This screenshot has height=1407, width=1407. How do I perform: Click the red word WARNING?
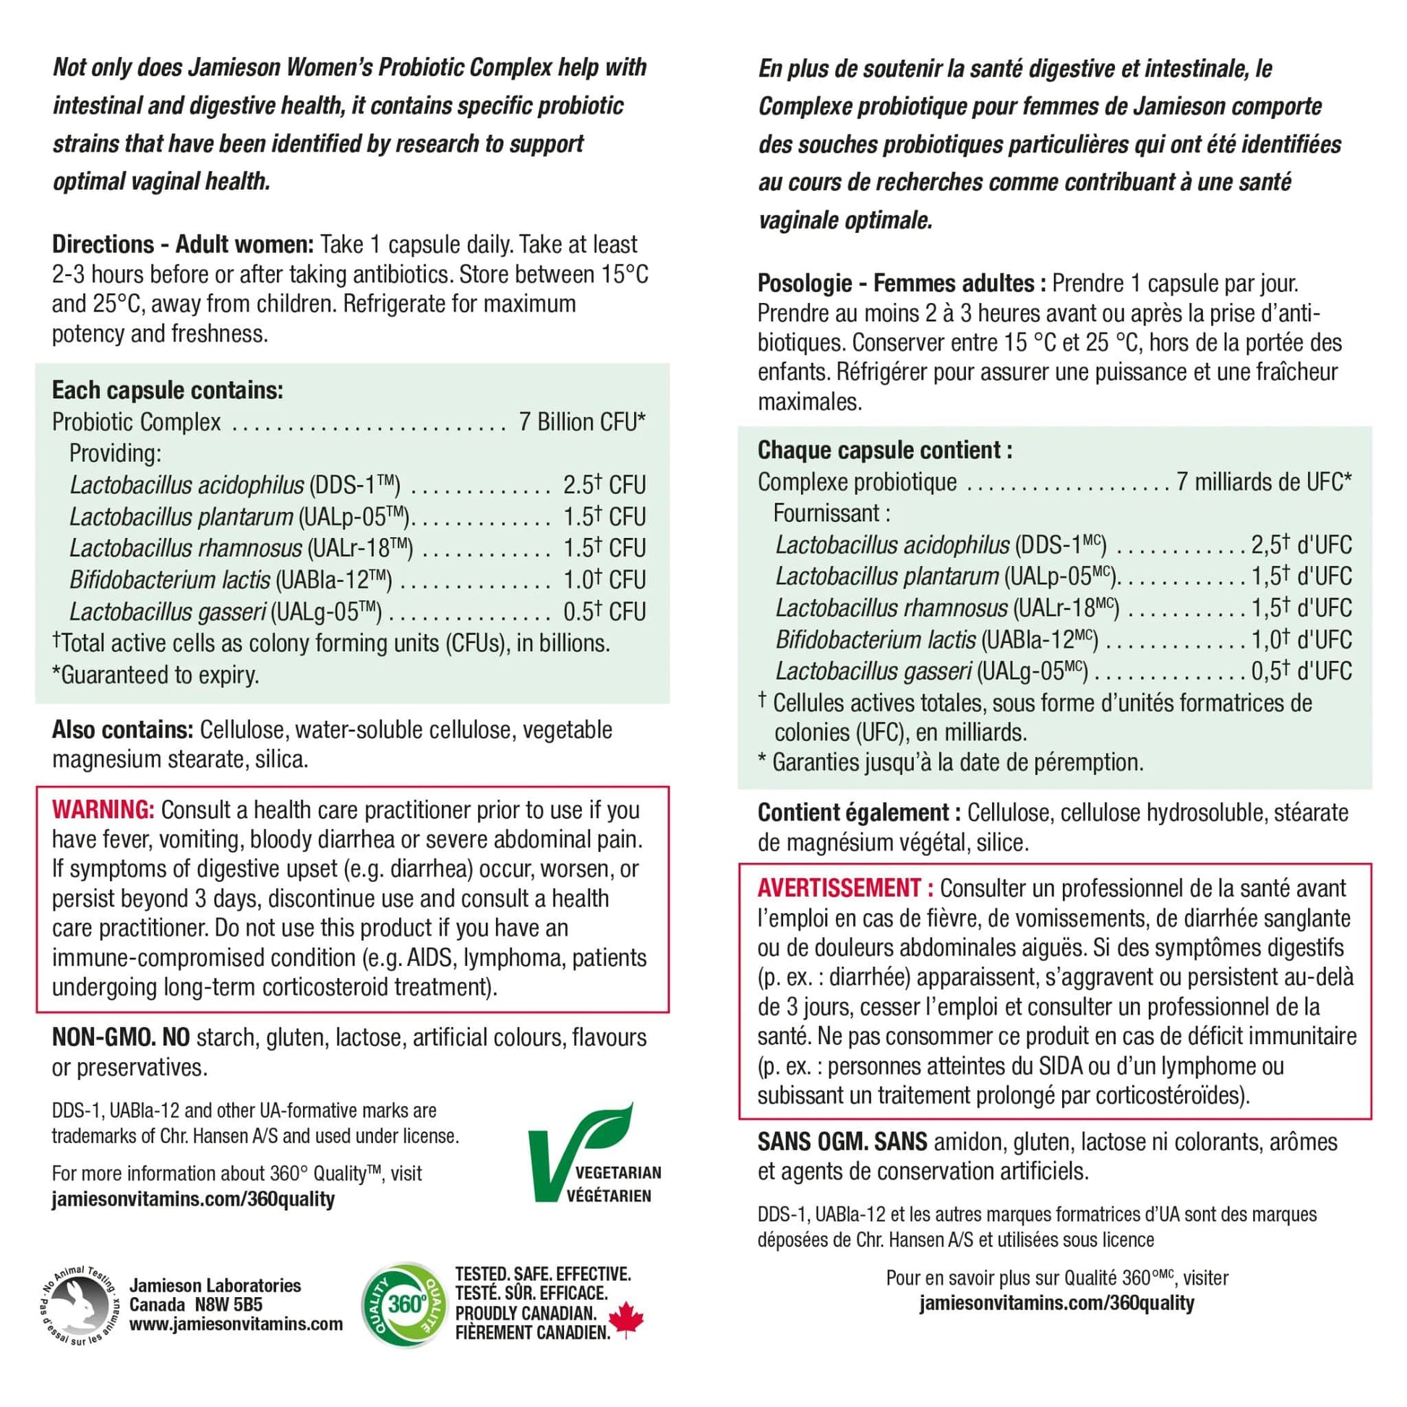(x=102, y=810)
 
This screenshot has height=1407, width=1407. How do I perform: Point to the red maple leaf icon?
(x=625, y=1320)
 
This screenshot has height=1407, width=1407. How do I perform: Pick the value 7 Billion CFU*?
(x=582, y=422)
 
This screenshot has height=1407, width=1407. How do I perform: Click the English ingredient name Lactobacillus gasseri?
(x=168, y=612)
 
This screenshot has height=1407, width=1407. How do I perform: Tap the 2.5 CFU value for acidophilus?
(x=604, y=485)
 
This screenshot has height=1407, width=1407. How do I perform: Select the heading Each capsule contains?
(x=168, y=390)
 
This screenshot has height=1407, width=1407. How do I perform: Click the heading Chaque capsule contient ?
(x=884, y=450)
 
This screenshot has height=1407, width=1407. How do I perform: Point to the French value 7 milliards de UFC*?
(x=1265, y=482)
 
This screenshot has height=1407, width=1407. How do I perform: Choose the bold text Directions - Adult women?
(x=183, y=244)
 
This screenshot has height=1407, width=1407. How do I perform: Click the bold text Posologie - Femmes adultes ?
(x=902, y=283)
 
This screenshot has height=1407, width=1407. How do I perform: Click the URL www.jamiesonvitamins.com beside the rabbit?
(x=236, y=1324)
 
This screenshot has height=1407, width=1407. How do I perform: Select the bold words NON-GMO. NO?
(x=120, y=1037)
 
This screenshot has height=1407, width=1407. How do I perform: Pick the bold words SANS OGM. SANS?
(x=842, y=1141)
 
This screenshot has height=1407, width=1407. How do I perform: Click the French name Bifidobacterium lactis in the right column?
(x=875, y=640)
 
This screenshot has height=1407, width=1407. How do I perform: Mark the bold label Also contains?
(x=121, y=729)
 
